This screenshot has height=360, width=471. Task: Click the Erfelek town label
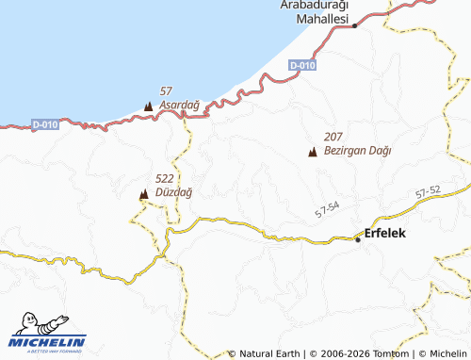[385, 233]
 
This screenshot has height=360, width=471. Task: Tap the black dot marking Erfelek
[358, 239]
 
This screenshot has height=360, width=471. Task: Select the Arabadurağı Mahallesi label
[316, 12]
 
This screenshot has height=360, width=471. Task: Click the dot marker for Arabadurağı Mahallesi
[354, 26]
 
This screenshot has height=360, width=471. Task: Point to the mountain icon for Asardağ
[149, 106]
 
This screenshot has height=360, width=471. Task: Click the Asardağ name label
[179, 105]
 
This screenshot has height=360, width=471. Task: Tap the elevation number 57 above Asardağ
[167, 90]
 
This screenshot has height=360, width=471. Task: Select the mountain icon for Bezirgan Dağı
[312, 152]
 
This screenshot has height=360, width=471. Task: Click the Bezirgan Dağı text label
[357, 150]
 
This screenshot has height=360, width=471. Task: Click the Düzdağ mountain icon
[143, 194]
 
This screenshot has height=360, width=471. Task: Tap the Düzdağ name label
[172, 192]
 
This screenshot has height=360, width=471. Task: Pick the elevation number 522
[164, 178]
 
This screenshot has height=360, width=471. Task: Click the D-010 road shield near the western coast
[44, 124]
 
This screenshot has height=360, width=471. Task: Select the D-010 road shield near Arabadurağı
[302, 65]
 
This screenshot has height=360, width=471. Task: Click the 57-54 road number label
[328, 211]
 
